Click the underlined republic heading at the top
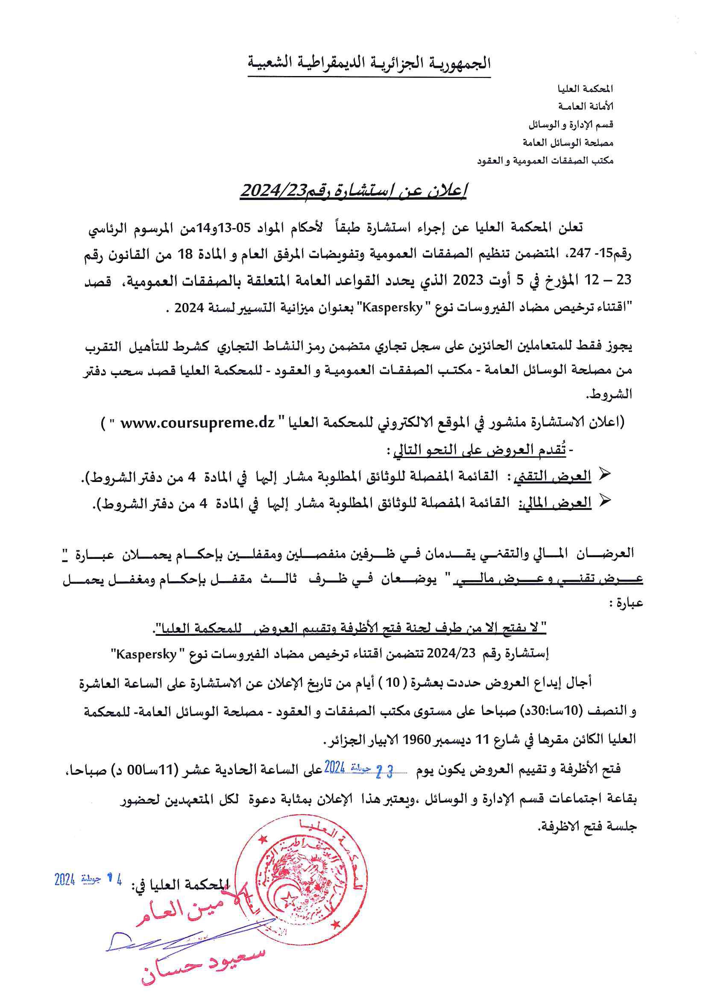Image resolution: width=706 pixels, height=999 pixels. tap(369, 64)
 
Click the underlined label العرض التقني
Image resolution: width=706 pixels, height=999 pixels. tap(552, 476)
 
